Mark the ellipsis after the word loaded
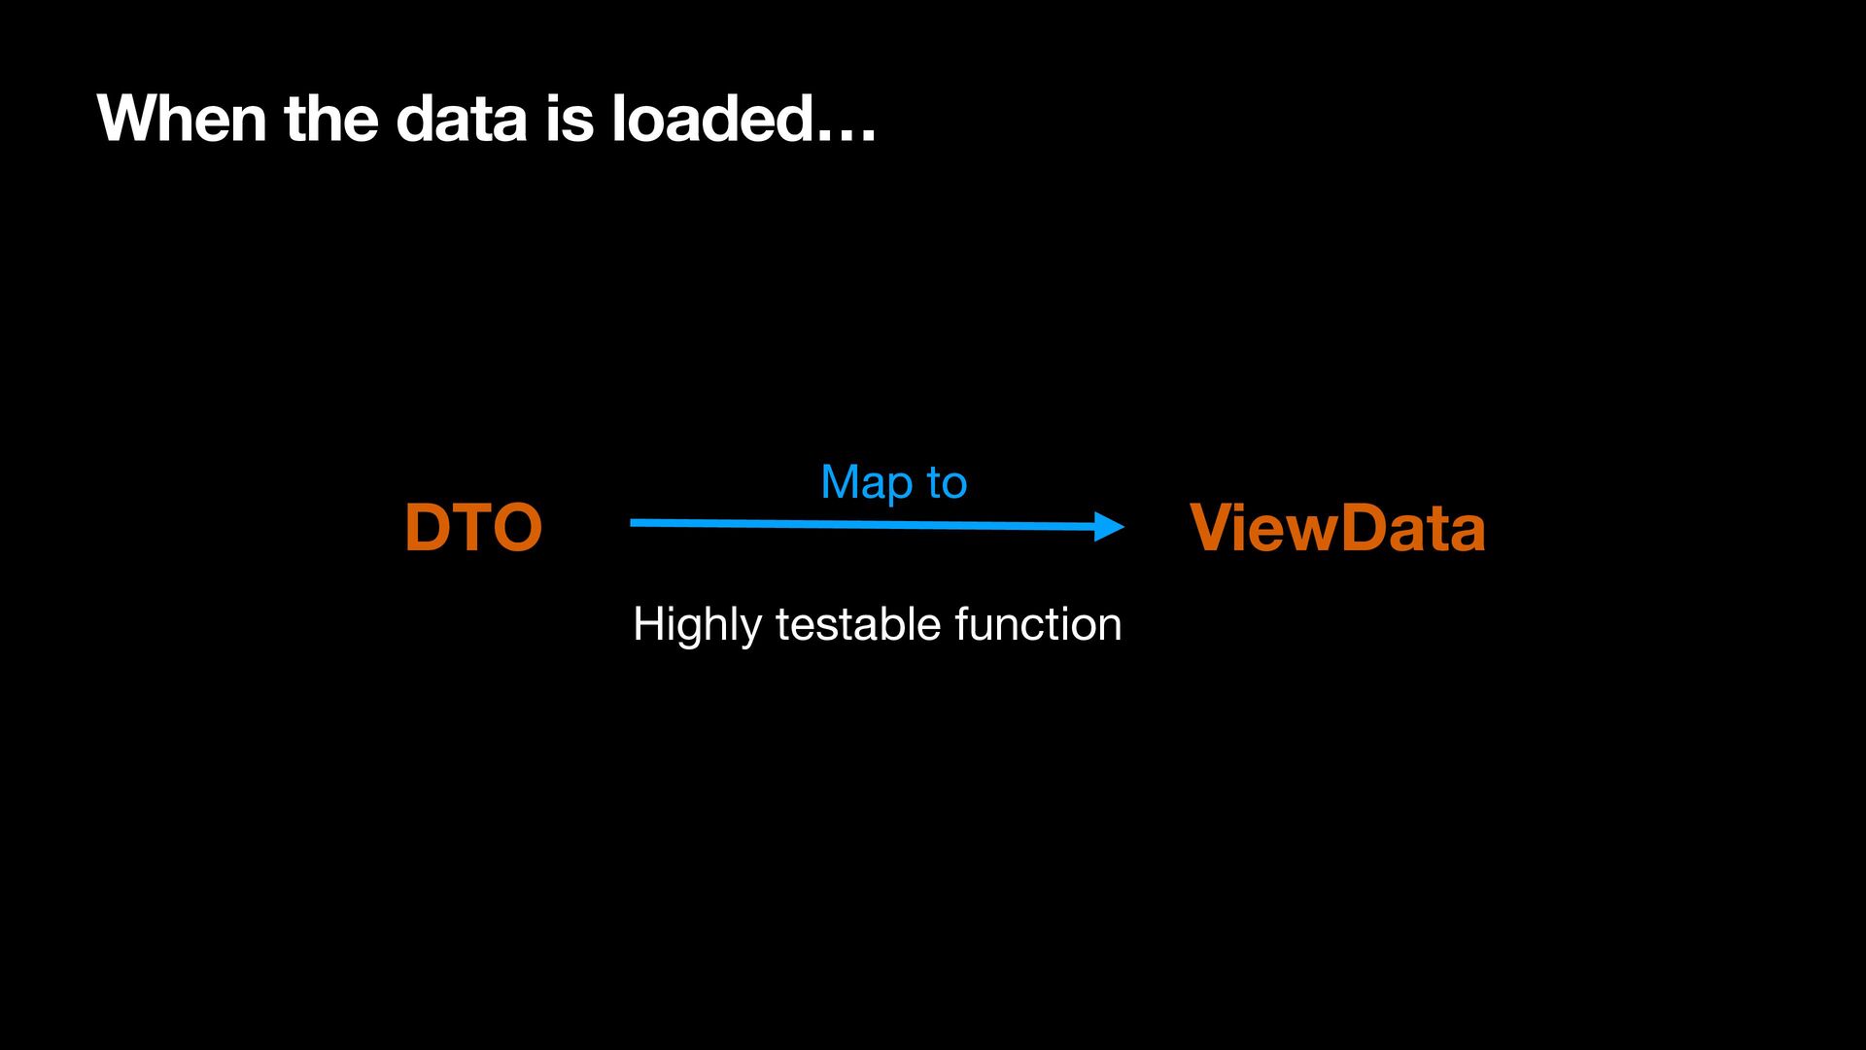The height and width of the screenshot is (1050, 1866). [847, 136]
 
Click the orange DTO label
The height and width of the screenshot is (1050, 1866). [473, 528]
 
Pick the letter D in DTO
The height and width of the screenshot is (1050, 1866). [428, 528]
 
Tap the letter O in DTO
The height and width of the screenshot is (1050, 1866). [516, 528]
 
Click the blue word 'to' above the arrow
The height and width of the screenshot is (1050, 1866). [947, 483]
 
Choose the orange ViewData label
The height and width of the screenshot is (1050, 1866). [1337, 528]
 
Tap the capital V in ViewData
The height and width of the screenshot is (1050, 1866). [1215, 528]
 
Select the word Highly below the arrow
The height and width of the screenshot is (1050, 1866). [697, 625]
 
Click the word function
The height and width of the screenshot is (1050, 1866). [1038, 623]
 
